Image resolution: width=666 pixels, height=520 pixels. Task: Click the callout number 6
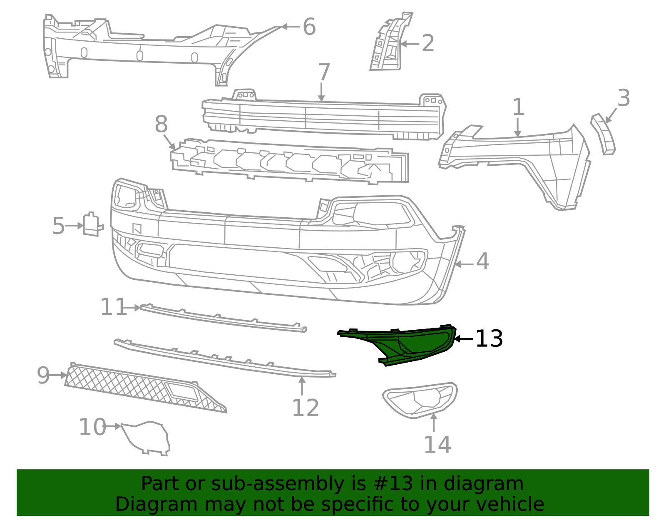[309, 27]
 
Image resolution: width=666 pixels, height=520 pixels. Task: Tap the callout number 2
[428, 43]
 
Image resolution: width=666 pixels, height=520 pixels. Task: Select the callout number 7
[324, 72]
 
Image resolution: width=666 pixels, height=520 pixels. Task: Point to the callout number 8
[161, 124]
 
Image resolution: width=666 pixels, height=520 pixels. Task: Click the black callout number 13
[489, 338]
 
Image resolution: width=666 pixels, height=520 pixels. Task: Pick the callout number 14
[437, 445]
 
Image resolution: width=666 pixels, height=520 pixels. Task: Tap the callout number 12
[306, 408]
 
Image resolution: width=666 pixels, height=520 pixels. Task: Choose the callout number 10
[92, 427]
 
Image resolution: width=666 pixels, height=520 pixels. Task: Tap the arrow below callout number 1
[518, 127]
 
